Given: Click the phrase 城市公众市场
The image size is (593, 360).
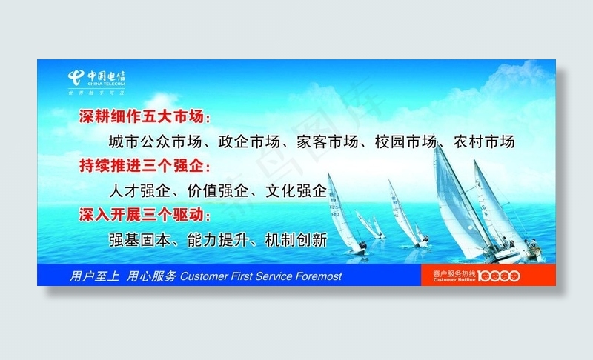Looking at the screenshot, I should click(x=152, y=141).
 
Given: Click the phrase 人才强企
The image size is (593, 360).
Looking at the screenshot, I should click(x=137, y=190).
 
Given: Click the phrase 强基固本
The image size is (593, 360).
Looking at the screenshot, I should click(x=137, y=240).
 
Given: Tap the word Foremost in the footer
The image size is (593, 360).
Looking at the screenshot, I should click(x=319, y=276).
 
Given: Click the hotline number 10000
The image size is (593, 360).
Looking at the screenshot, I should click(x=498, y=276).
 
